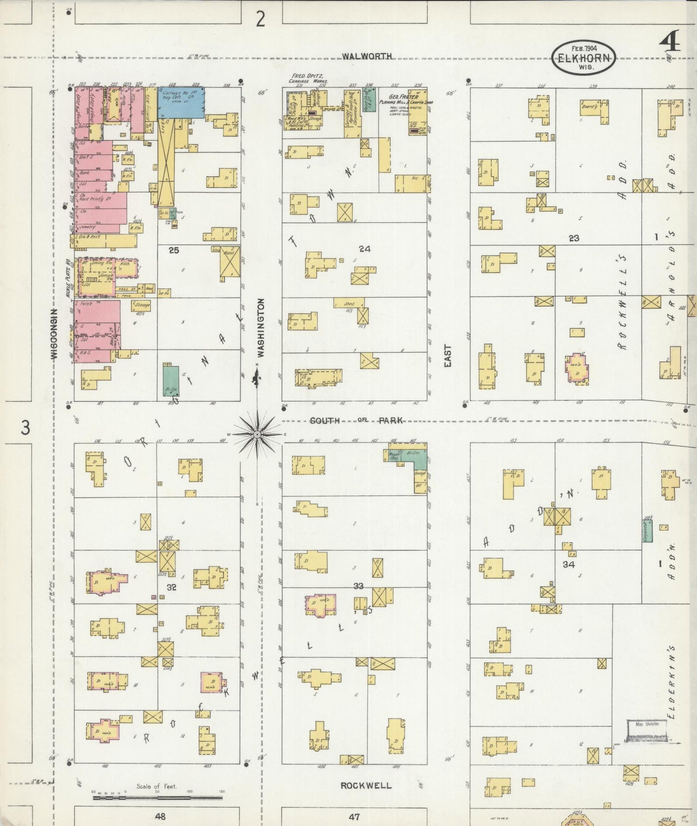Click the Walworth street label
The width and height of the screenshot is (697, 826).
(x=367, y=56)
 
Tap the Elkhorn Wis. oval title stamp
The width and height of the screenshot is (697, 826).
(x=584, y=57)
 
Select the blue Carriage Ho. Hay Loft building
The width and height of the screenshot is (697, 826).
(x=181, y=100)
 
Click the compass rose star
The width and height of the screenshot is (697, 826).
(x=258, y=435)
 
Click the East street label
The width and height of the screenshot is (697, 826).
(x=448, y=356)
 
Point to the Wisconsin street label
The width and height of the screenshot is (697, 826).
(x=55, y=333)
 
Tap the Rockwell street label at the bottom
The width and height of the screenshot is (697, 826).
(x=366, y=785)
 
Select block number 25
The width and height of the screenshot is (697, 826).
(x=174, y=250)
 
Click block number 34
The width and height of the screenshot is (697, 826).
(x=569, y=564)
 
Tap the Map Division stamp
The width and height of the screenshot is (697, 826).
(x=647, y=730)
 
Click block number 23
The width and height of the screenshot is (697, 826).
(x=574, y=238)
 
